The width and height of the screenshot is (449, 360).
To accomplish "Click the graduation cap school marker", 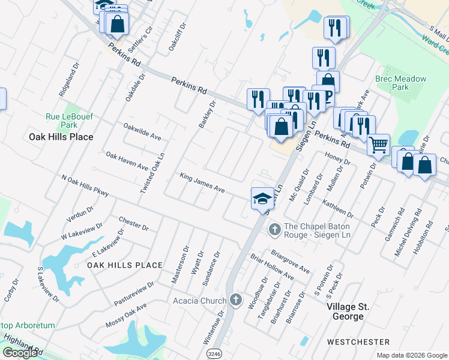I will point(262,198).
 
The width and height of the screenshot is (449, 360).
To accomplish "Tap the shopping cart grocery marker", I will point(378,145).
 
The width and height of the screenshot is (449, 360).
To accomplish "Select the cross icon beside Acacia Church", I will point(236,300).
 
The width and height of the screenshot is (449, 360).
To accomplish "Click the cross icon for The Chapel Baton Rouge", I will point(274,229).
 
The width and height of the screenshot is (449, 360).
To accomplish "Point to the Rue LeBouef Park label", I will point(62,121).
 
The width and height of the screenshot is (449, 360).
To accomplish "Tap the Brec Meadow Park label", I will point(400,83).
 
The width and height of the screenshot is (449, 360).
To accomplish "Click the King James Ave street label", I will point(202,182).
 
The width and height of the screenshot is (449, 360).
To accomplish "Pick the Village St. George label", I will point(356,307).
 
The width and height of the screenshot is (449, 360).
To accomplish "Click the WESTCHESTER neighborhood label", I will point(358,341).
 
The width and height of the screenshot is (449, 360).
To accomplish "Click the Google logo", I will point(19,353).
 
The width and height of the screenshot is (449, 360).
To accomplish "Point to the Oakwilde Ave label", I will point(142,131).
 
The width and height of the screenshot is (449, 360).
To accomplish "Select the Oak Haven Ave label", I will point(127,160).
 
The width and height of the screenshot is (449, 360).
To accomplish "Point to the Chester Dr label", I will point(133,224).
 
